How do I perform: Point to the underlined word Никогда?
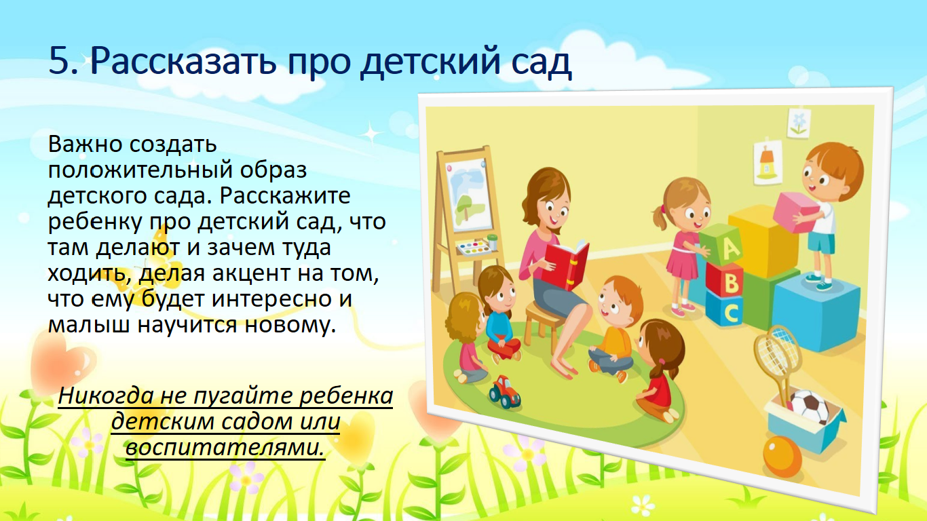click(106, 395)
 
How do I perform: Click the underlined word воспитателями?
click(225, 448)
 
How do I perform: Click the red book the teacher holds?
click(567, 265)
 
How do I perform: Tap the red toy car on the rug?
click(504, 391)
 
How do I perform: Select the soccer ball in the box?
click(810, 407)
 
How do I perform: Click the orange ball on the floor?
click(782, 457)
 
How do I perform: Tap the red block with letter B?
click(724, 281)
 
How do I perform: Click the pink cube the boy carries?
click(795, 212)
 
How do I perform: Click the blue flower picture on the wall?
click(799, 123)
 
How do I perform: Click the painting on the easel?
click(470, 195)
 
